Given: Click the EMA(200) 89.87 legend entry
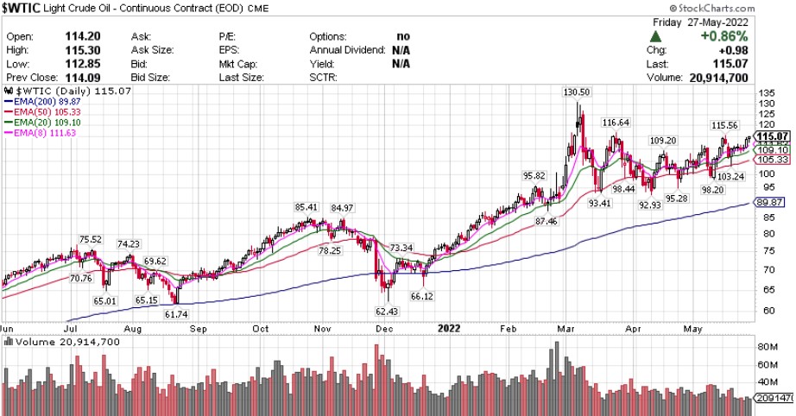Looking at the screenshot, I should pyautogui.click(x=41, y=99).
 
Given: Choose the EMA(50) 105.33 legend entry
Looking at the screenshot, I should pyautogui.click(x=40, y=110).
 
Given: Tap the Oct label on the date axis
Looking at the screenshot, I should pyautogui.click(x=262, y=328).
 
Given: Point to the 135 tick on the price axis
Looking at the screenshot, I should pyautogui.click(x=767, y=92).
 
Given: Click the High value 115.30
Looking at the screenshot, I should pyautogui.click(x=85, y=51).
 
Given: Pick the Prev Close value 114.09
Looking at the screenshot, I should pyautogui.click(x=85, y=77).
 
